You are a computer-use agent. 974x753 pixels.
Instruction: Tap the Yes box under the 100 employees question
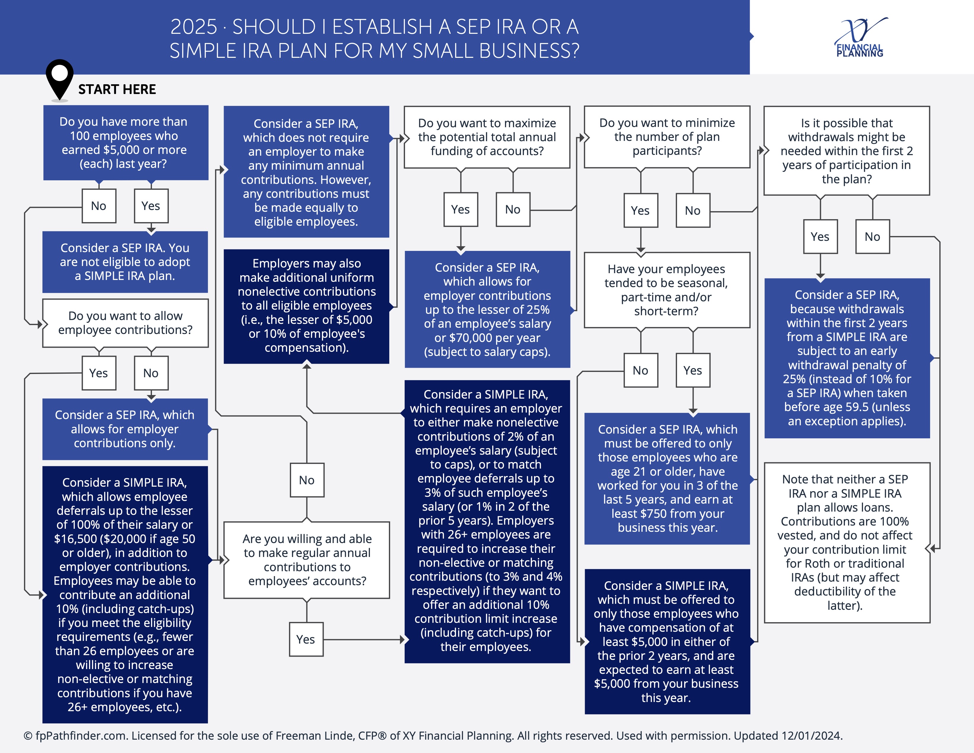click(151, 206)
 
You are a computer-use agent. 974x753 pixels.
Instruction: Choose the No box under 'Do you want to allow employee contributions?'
click(151, 373)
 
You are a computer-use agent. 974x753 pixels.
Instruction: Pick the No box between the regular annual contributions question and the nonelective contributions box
click(307, 480)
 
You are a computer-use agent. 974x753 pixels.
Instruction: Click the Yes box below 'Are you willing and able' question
click(306, 639)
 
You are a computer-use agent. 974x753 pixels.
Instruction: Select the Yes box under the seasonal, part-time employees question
click(692, 370)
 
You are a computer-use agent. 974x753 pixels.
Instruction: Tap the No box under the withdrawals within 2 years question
click(872, 237)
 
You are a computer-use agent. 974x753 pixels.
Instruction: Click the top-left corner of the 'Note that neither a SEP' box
click(764, 463)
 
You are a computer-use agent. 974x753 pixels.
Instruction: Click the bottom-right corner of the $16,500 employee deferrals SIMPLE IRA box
click(208, 723)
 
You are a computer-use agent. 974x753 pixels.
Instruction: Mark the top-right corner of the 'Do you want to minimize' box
click(750, 106)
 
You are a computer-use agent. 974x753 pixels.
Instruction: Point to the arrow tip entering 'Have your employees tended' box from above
click(641, 252)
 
